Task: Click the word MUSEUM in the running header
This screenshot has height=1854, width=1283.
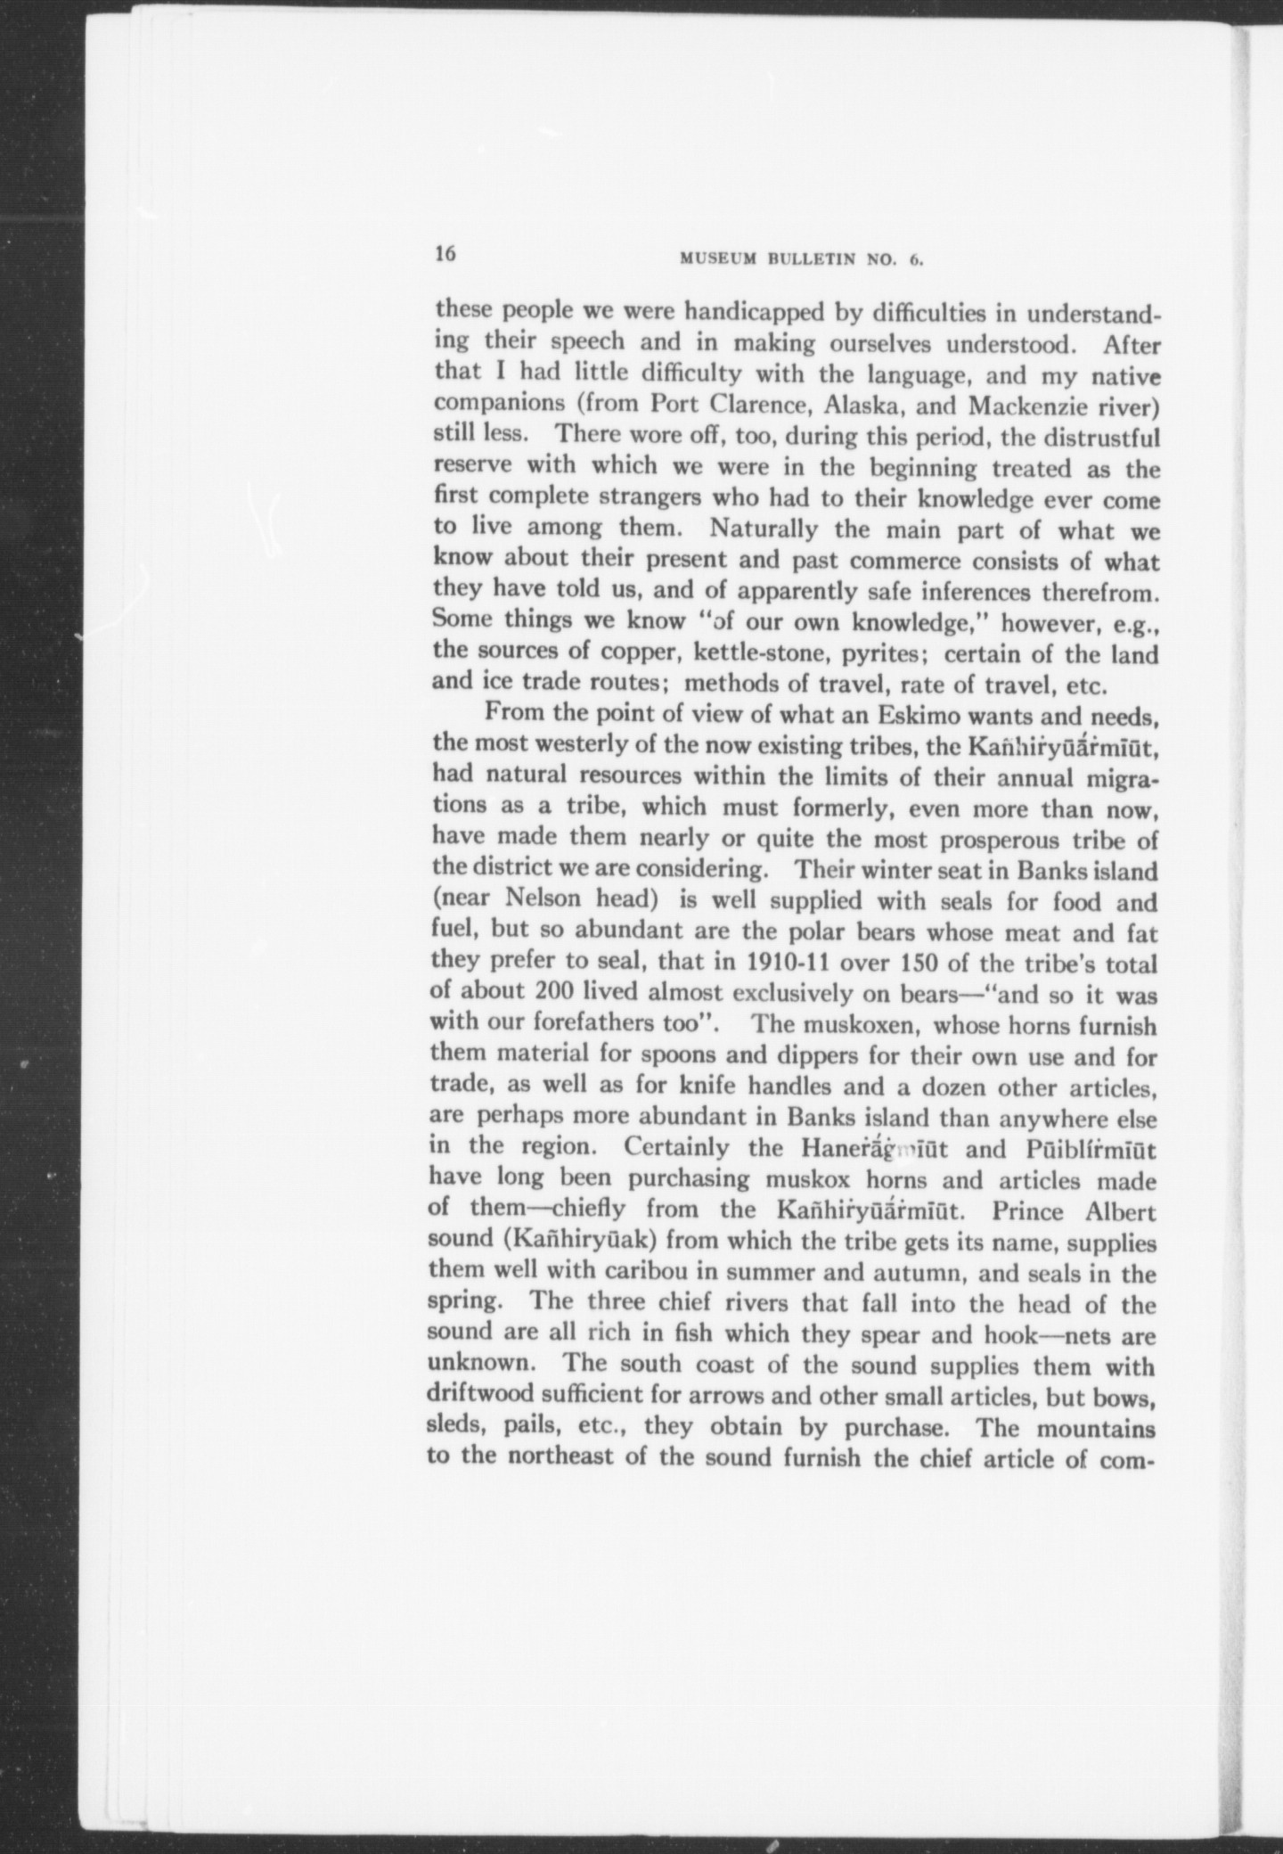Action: tap(717, 260)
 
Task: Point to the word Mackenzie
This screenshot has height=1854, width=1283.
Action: tap(1027, 405)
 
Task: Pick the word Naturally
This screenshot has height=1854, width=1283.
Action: tap(764, 529)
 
